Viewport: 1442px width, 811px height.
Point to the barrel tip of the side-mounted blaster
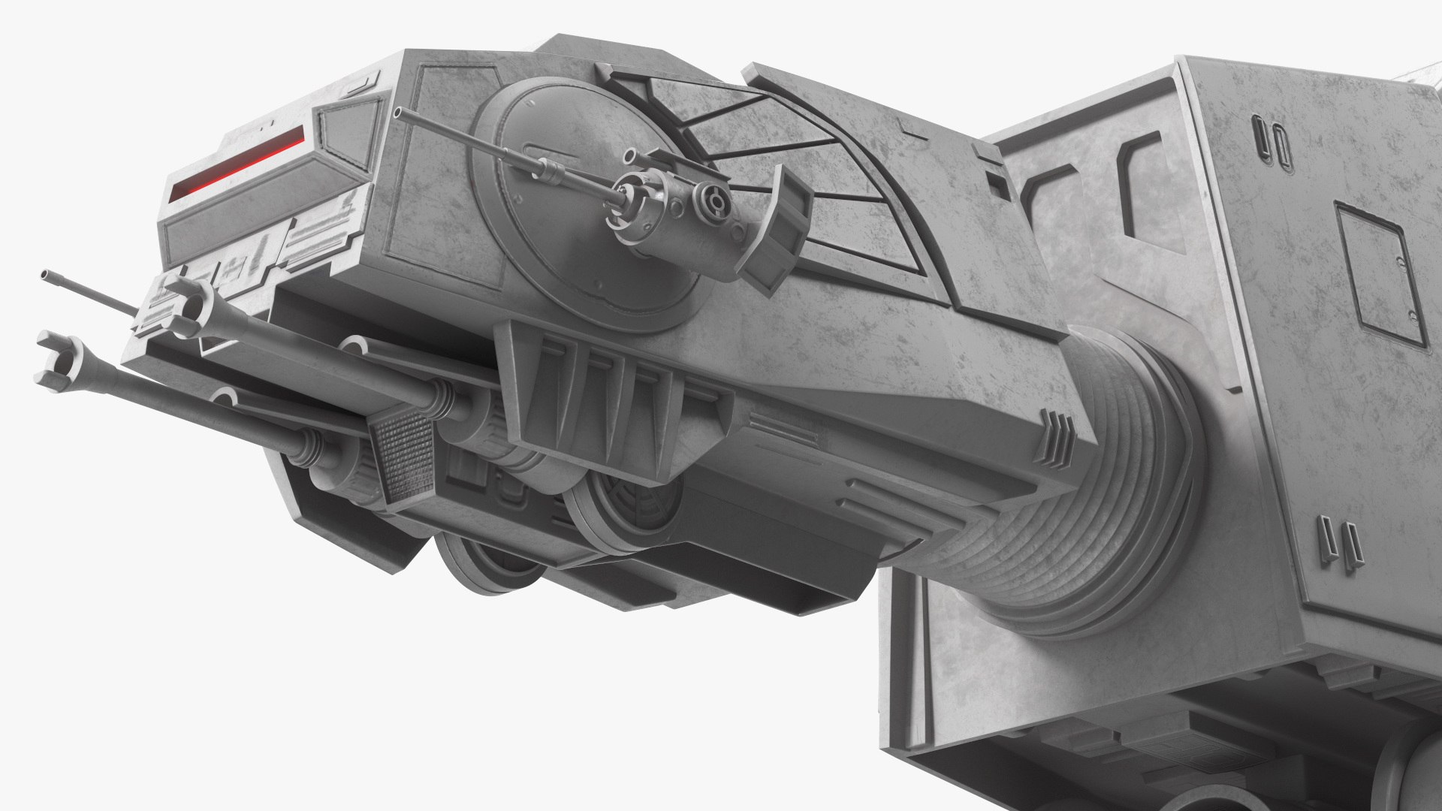tap(399, 113)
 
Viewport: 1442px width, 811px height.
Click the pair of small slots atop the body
tap(1269, 138)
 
